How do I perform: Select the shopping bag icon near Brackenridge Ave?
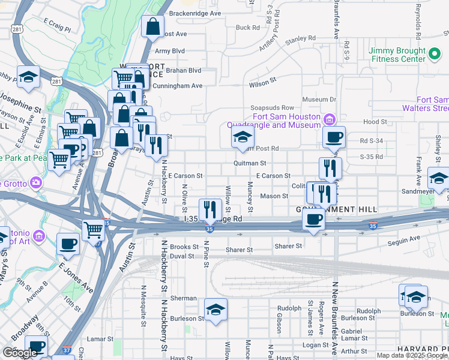click(x=153, y=26)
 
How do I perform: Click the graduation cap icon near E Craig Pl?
click(x=28, y=77)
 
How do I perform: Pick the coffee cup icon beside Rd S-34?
click(x=334, y=137)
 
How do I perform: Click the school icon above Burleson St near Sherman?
click(x=215, y=310)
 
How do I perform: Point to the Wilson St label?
click(x=262, y=79)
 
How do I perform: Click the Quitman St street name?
click(x=250, y=163)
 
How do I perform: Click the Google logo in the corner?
click(x=19, y=353)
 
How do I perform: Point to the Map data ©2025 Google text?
click(x=412, y=355)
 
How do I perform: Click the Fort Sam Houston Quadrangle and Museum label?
click(x=286, y=121)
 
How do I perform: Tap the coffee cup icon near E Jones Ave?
click(x=68, y=244)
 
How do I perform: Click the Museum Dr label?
click(x=319, y=99)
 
